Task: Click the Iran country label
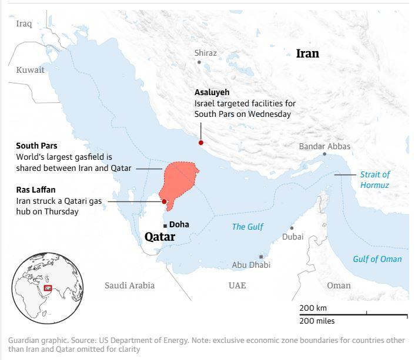pyautogui.click(x=307, y=53)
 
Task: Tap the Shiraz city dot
pyautogui.click(x=199, y=62)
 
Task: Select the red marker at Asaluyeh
pyautogui.click(x=200, y=143)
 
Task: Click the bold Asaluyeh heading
pyautogui.click(x=212, y=93)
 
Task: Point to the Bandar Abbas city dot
pyautogui.click(x=324, y=154)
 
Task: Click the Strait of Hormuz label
pyautogui.click(x=374, y=180)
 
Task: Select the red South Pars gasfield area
pyautogui.click(x=179, y=180)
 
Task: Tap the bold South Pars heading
pyautogui.click(x=36, y=146)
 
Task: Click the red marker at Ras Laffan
pyautogui.click(x=164, y=201)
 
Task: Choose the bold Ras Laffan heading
pyautogui.click(x=35, y=190)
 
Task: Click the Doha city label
pyautogui.click(x=179, y=224)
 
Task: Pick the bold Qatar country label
pyautogui.click(x=159, y=237)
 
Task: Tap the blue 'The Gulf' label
pyautogui.click(x=248, y=227)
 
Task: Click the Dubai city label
pyautogui.click(x=293, y=237)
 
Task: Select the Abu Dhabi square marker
pyautogui.click(x=261, y=257)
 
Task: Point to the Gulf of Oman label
pyautogui.click(x=377, y=259)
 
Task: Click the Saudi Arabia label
pyautogui.click(x=129, y=285)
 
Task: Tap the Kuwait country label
pyautogui.click(x=30, y=70)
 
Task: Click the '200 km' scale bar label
pyautogui.click(x=313, y=308)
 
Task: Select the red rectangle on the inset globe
pyautogui.click(x=48, y=288)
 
